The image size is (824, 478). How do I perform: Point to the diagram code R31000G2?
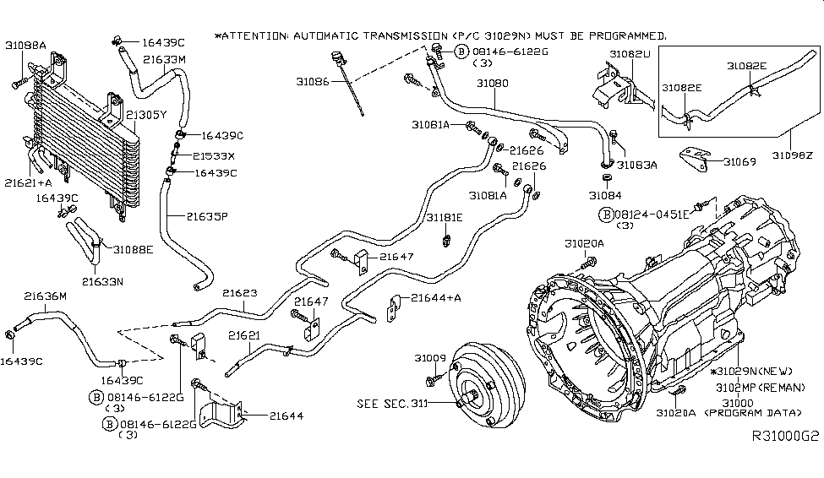point(786,438)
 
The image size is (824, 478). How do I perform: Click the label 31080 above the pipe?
point(491,84)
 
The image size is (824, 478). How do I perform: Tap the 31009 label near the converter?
point(429,358)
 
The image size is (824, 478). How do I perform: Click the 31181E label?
point(445,217)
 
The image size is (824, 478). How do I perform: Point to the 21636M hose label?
point(46,296)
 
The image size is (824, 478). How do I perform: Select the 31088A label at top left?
point(26,44)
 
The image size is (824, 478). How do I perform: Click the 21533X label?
point(213,156)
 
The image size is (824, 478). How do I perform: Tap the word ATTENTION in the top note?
point(252,36)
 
